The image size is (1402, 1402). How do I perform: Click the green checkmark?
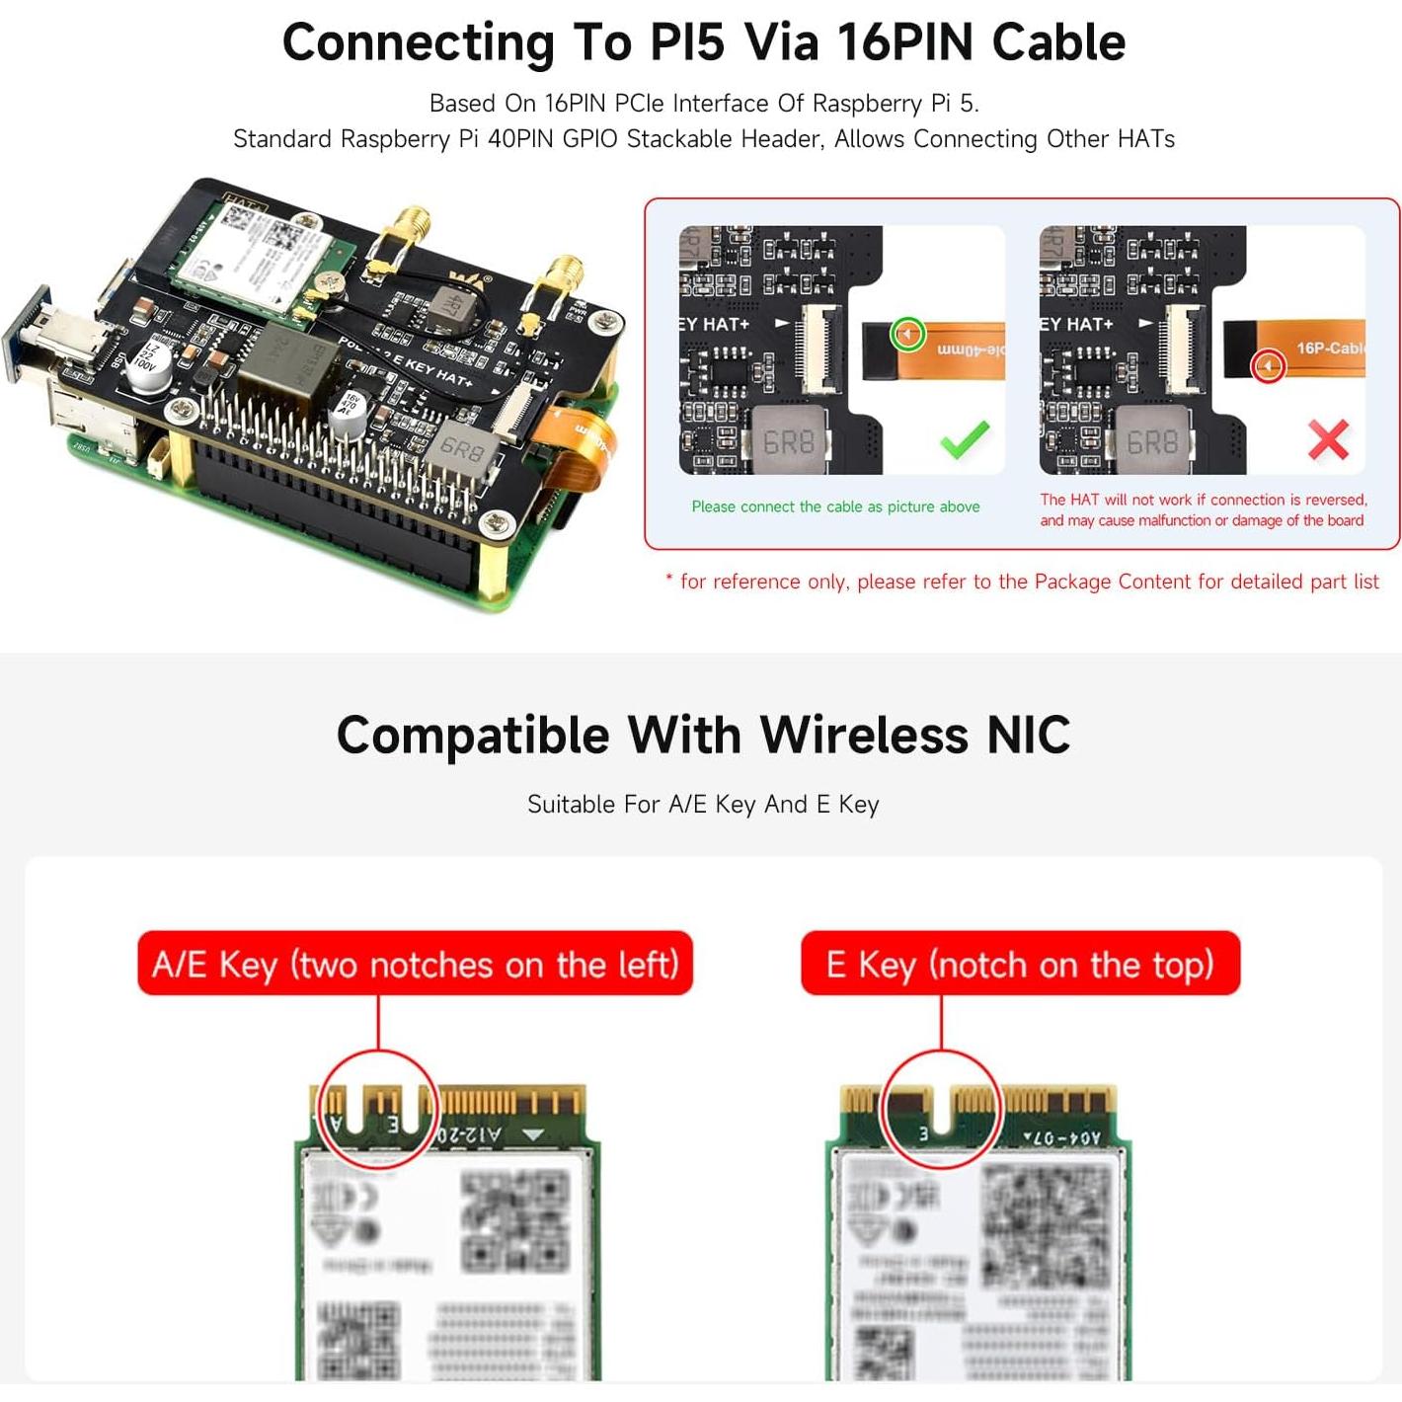pos(965,439)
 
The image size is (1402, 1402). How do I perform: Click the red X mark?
pos(1328,440)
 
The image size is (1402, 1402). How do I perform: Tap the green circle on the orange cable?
pos(907,334)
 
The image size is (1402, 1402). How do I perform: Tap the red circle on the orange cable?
pos(1268,367)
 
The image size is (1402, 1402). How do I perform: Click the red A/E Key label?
pos(415,964)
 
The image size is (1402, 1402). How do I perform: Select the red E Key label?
pos(1020,964)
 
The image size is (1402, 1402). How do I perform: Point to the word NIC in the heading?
pos(1028,736)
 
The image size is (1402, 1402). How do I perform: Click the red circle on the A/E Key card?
pos(379,1109)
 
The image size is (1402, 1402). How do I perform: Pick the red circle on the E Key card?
pos(940,1109)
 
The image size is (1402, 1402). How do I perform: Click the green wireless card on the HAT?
pos(262,257)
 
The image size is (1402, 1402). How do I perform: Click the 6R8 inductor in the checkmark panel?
pos(789,441)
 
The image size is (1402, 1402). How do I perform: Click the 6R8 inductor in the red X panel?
pos(1152,441)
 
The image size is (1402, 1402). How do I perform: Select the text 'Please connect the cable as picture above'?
pos(835,506)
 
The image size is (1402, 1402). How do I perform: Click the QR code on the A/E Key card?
pos(515,1218)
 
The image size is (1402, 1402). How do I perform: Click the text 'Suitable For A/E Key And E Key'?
pos(703,805)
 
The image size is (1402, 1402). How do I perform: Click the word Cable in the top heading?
pos(1058,42)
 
